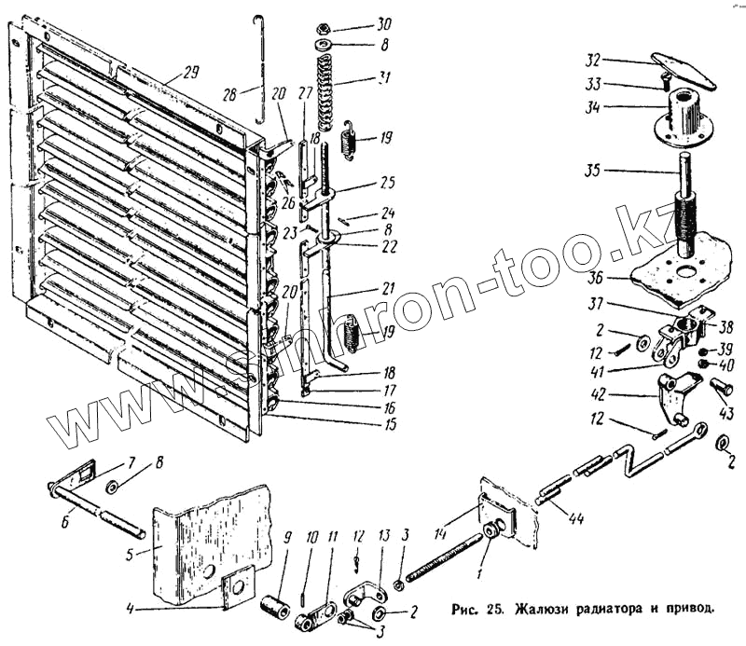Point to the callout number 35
(593, 170)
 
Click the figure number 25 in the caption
(491, 611)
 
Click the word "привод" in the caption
(687, 611)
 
